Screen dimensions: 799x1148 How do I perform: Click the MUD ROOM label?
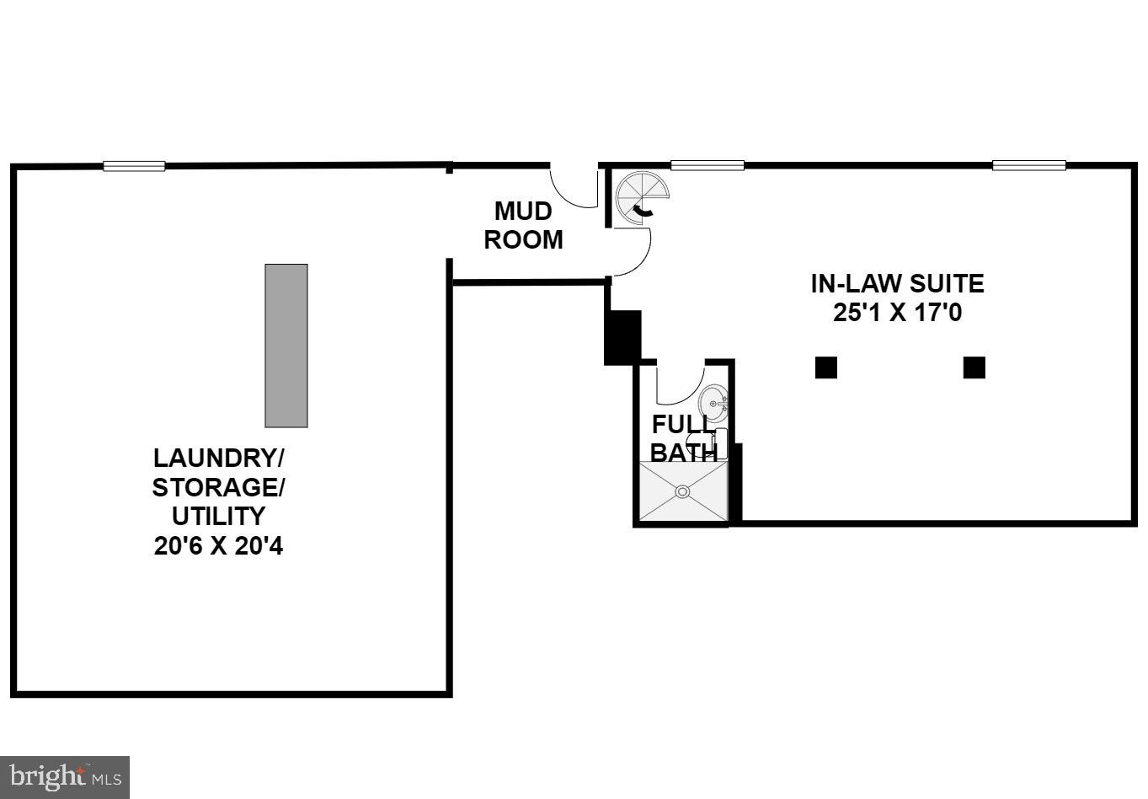pyautogui.click(x=523, y=225)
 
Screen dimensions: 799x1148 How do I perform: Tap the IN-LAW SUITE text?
pyautogui.click(x=897, y=283)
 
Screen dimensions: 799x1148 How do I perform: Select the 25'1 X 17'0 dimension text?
pyautogui.click(x=897, y=313)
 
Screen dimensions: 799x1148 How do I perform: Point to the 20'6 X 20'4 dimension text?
pyautogui.click(x=219, y=546)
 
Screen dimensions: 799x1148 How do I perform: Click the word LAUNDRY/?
pyautogui.click(x=219, y=458)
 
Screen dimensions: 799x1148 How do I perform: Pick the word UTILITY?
pyautogui.click(x=219, y=516)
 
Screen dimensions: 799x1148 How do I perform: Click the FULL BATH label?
pyautogui.click(x=683, y=437)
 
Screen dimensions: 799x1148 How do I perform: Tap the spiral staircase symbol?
pyautogui.click(x=642, y=200)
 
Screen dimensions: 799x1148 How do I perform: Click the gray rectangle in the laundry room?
pyautogui.click(x=286, y=346)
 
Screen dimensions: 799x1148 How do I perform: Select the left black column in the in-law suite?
pyautogui.click(x=826, y=367)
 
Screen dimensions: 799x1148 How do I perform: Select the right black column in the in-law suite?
pyautogui.click(x=974, y=367)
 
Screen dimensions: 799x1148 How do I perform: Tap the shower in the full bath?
pyautogui.click(x=683, y=491)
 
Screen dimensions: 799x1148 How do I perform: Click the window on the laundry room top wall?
pyautogui.click(x=134, y=166)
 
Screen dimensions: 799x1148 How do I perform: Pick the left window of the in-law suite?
pyautogui.click(x=707, y=165)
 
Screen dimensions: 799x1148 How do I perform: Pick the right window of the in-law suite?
pyautogui.click(x=1028, y=165)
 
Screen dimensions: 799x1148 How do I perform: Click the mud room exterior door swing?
pyautogui.click(x=573, y=187)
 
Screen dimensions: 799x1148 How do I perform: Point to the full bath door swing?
pyautogui.click(x=679, y=383)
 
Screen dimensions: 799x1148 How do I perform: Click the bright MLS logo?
pyautogui.click(x=65, y=777)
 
